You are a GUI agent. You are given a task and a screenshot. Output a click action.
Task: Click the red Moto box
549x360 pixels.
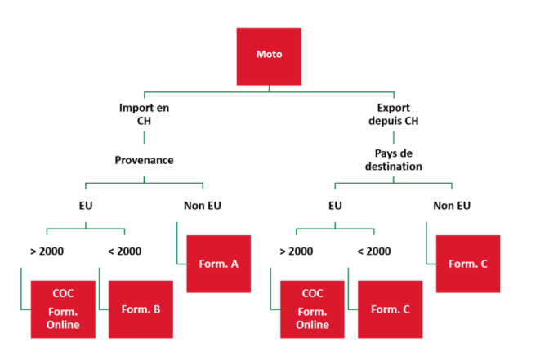point(268,56)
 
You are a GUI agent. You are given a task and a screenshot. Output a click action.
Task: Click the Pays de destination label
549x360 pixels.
point(399,159)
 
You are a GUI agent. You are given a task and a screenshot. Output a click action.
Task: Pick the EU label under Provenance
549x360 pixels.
point(85,205)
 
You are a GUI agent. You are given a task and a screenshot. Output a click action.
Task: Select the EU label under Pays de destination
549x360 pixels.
point(335,205)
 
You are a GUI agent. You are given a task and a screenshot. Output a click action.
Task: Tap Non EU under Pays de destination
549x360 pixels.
point(452,205)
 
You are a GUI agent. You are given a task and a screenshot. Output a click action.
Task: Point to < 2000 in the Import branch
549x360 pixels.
point(124,251)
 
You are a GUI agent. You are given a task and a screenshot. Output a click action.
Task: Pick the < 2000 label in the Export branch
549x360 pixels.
point(373,251)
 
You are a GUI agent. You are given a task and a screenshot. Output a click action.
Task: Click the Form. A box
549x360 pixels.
point(219,263)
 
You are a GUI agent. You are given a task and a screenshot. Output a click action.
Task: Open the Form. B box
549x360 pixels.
point(141,309)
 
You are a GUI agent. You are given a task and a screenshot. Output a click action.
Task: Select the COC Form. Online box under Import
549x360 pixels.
point(62,309)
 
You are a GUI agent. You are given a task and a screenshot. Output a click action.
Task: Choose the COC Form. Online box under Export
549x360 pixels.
point(312,309)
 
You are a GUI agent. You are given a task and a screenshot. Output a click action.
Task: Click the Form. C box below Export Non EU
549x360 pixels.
point(468,263)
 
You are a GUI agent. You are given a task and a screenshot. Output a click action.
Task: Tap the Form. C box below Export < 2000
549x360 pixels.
point(391,309)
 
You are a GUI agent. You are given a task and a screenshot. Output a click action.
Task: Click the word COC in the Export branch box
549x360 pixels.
point(313,293)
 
